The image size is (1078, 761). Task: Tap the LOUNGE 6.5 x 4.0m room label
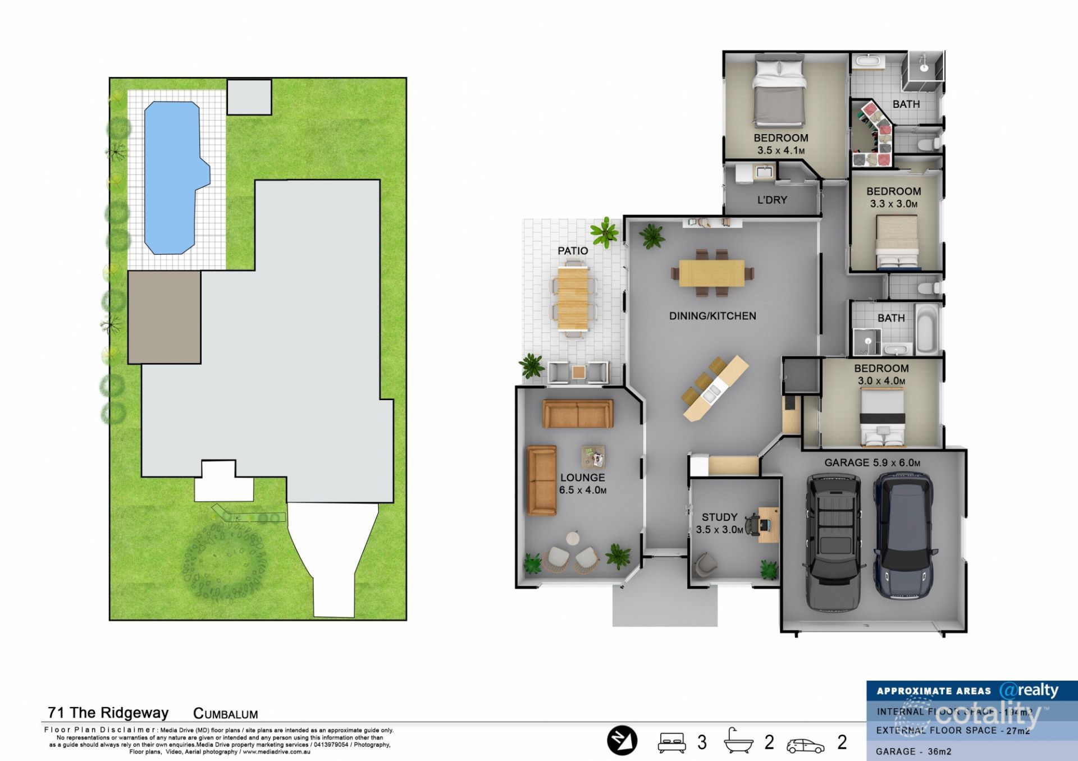(582, 483)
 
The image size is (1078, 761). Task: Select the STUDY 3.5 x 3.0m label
(719, 523)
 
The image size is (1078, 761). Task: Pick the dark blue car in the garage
(903, 536)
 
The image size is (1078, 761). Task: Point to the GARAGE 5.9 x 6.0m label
(872, 463)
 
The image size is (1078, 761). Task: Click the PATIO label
(573, 251)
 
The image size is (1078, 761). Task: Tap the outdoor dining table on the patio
(573, 299)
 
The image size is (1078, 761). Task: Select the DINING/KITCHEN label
(712, 316)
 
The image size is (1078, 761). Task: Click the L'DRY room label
(772, 200)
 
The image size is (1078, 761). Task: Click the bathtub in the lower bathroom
(927, 329)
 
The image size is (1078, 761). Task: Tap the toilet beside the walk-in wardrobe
(926, 145)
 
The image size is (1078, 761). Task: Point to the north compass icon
(622, 741)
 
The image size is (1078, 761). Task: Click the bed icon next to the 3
(672, 742)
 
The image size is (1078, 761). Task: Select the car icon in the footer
(805, 745)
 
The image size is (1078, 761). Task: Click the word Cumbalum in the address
(225, 714)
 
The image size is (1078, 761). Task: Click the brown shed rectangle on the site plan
(164, 317)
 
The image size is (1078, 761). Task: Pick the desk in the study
(768, 524)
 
